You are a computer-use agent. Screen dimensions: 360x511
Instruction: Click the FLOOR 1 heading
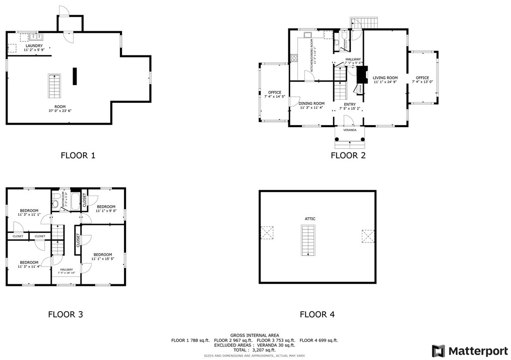(x=78, y=155)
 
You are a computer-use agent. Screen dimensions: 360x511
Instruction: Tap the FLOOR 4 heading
(x=317, y=315)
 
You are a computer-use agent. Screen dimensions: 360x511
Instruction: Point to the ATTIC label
(x=310, y=218)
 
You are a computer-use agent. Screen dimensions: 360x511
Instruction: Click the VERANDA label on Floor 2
(x=350, y=130)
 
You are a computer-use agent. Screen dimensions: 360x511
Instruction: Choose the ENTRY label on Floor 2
(x=350, y=104)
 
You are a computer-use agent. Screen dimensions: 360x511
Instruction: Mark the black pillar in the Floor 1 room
(x=75, y=76)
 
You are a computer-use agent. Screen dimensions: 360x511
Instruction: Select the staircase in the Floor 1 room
(x=54, y=86)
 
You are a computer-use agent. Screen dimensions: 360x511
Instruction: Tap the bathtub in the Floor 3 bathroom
(x=76, y=201)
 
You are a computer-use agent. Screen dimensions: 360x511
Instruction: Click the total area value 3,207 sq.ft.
(x=259, y=349)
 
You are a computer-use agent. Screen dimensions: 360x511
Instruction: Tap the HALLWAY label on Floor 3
(x=67, y=270)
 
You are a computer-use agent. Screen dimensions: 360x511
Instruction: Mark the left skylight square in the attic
(x=266, y=233)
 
